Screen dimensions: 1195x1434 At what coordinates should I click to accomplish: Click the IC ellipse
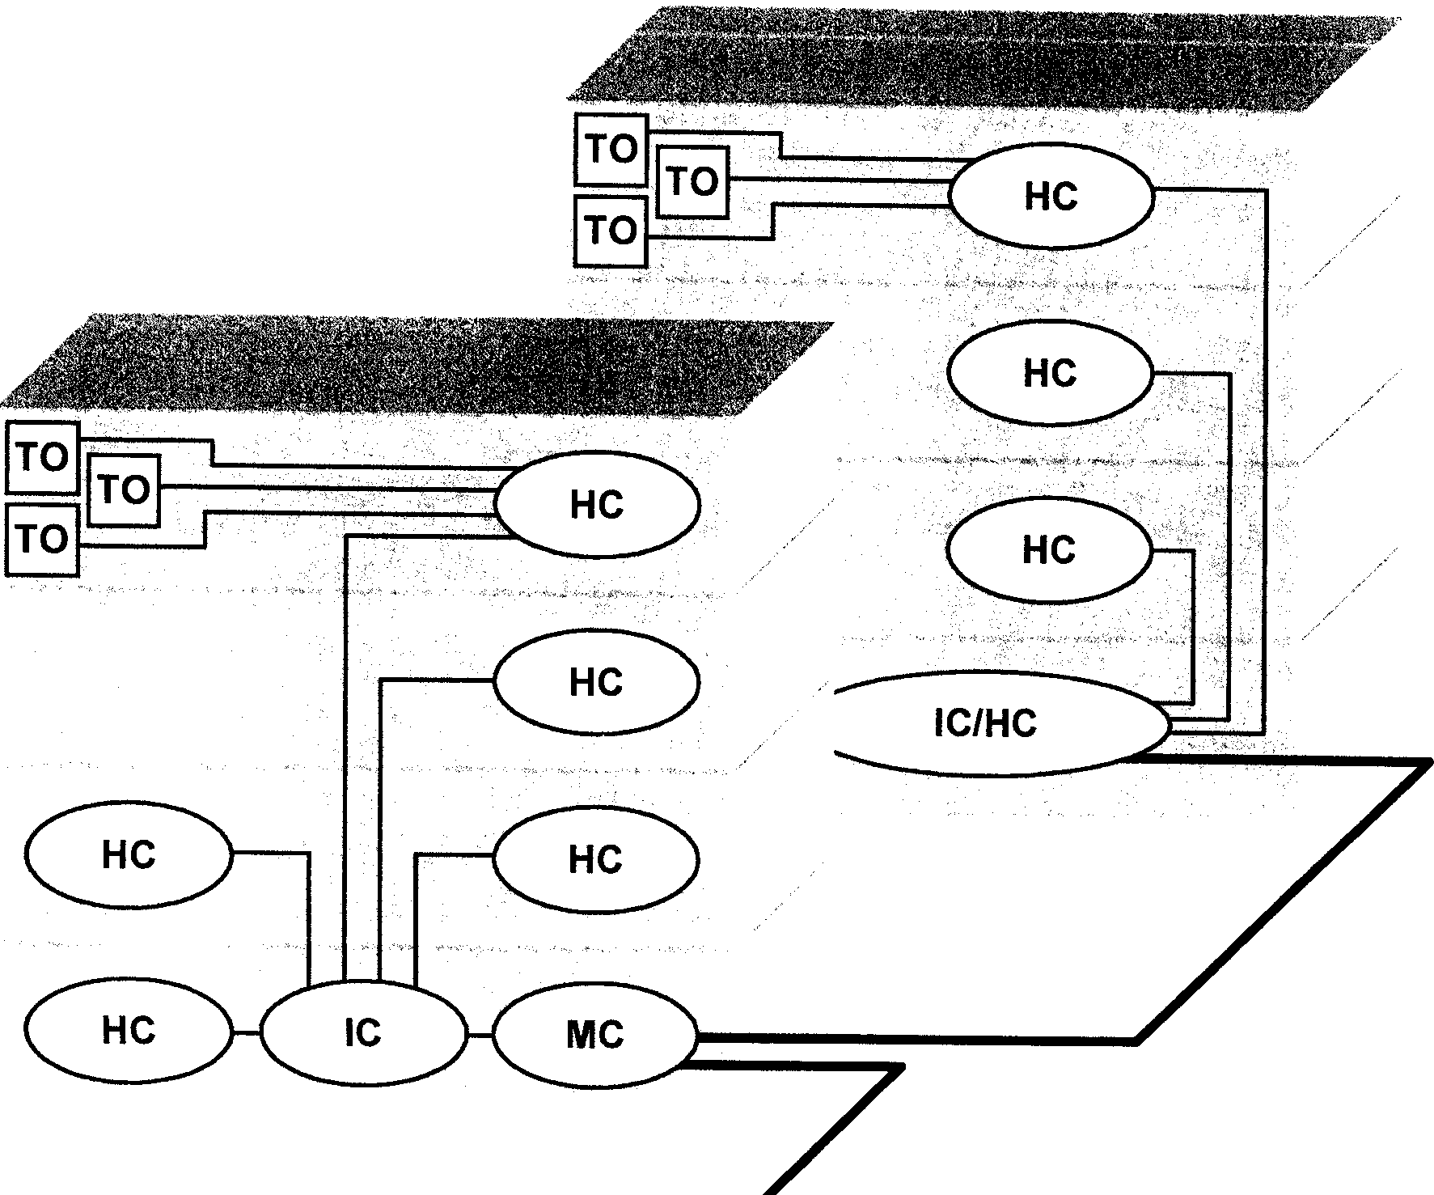(363, 1033)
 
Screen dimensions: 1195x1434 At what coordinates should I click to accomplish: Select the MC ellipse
(594, 1035)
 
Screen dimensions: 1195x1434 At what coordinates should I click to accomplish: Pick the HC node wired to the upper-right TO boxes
(1051, 197)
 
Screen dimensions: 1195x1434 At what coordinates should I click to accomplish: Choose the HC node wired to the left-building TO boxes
(596, 505)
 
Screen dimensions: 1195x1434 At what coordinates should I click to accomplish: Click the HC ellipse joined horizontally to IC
(129, 1029)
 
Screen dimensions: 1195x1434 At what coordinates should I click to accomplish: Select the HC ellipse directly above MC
(596, 858)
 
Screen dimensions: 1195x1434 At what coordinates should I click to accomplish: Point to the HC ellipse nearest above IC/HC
(1049, 550)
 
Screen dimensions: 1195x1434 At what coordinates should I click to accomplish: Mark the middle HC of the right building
(1050, 373)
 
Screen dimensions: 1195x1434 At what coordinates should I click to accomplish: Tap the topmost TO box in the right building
(611, 150)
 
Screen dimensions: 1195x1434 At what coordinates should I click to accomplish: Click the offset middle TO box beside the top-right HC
(693, 181)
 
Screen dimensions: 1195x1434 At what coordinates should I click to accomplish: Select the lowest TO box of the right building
(611, 231)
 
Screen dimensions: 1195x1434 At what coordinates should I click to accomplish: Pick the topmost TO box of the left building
(43, 458)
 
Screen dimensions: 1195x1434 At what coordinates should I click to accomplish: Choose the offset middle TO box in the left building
(125, 489)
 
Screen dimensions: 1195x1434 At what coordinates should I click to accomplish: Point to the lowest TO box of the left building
(42, 539)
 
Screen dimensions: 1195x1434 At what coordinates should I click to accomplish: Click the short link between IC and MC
(480, 1035)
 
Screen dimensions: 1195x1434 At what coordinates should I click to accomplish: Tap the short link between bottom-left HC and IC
(246, 1032)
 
